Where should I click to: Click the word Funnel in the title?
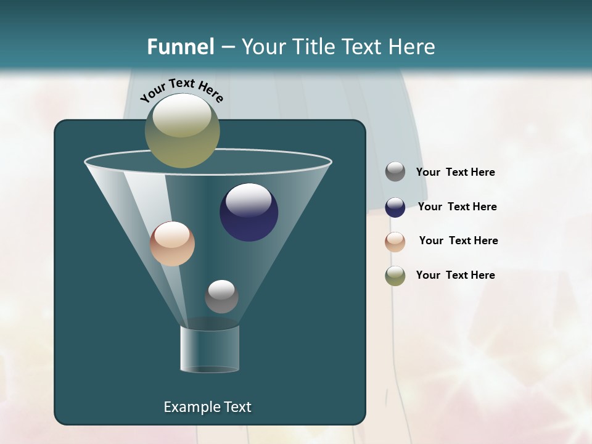[x=180, y=47]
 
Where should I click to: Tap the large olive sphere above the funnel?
[x=183, y=131]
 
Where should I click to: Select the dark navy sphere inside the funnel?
[x=249, y=212]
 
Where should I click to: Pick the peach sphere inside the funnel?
[x=172, y=244]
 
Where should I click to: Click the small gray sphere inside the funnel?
[x=221, y=297]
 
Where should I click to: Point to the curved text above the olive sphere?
[x=182, y=89]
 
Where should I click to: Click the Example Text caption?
[x=207, y=407]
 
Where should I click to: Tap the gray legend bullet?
[x=395, y=172]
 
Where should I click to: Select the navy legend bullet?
[x=395, y=207]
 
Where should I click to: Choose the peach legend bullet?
[x=395, y=242]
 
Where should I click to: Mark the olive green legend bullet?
[x=395, y=276]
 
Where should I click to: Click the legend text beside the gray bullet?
[x=455, y=173]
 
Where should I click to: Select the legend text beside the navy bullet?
[x=457, y=207]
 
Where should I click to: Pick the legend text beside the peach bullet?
[x=458, y=241]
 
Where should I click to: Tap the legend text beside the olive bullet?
[x=455, y=276]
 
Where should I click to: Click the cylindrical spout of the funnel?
[x=210, y=348]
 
